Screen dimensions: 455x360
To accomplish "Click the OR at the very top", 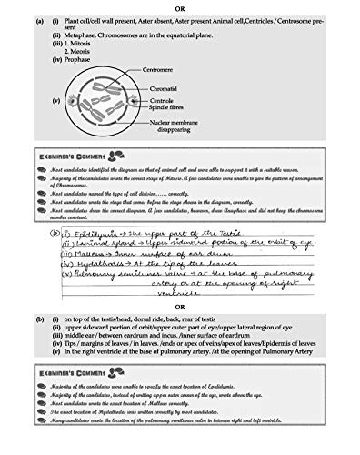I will (179, 5).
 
